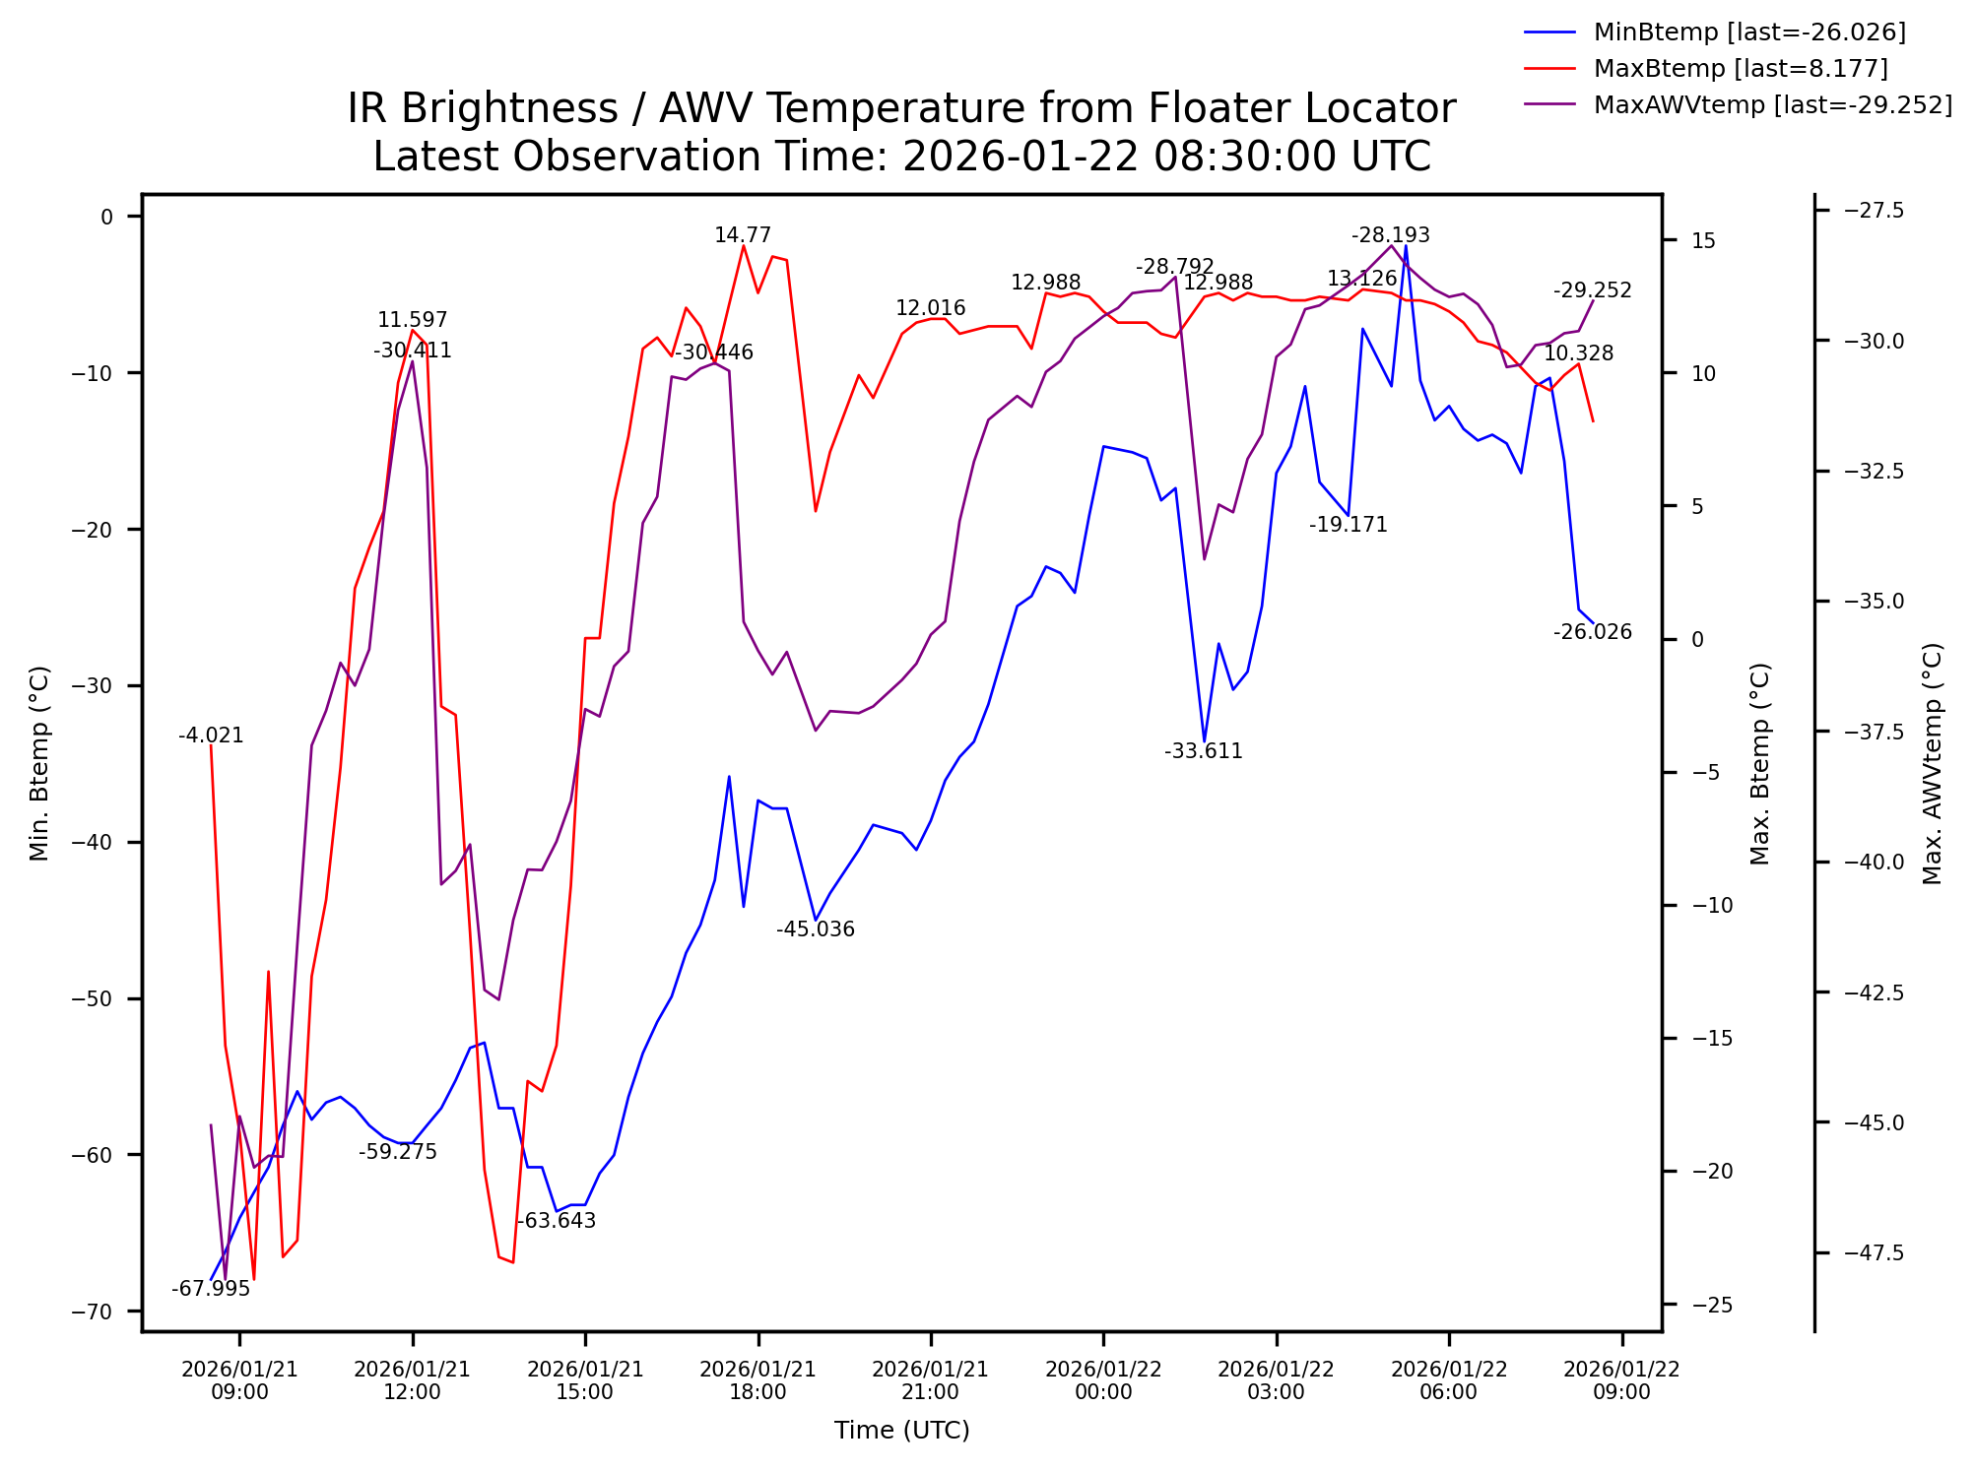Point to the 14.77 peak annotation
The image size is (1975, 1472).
point(743,235)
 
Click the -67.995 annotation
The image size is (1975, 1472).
point(211,1290)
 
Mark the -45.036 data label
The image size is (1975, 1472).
point(816,929)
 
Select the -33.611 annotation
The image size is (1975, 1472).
point(1204,751)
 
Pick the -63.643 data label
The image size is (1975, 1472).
point(557,1221)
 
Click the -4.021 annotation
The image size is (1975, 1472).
point(211,736)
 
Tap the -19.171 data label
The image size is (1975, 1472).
point(1349,525)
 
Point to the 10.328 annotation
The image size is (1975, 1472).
point(1578,353)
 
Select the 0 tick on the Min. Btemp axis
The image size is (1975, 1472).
point(106,217)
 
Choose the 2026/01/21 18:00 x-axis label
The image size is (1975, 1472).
point(757,1380)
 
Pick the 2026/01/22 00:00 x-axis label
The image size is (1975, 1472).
point(1103,1380)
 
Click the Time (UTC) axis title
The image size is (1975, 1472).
point(901,1431)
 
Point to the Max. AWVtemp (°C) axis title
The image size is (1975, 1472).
point(1933,764)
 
